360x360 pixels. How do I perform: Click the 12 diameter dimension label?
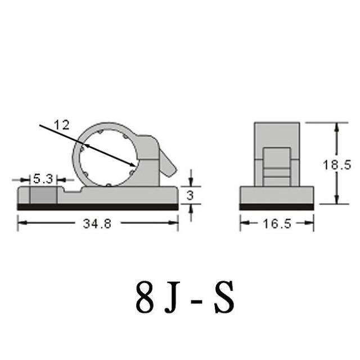click(61, 125)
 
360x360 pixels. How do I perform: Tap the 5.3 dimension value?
click(43, 179)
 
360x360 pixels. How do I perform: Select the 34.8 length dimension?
click(97, 223)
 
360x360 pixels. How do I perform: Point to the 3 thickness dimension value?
click(190, 195)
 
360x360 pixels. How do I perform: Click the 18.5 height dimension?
click(337, 165)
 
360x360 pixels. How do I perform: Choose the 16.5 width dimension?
click(277, 224)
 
